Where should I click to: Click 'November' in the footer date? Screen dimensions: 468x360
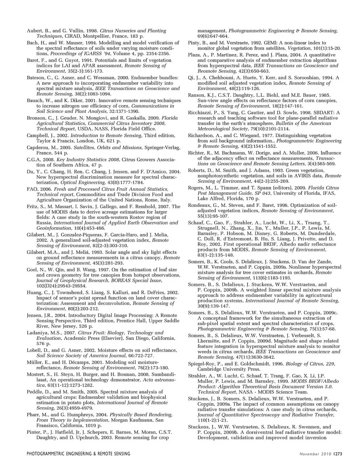309,454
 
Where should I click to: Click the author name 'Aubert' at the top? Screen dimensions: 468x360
34,31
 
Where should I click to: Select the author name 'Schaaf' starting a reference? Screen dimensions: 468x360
197,223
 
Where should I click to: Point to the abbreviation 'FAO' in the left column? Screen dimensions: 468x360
31,189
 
